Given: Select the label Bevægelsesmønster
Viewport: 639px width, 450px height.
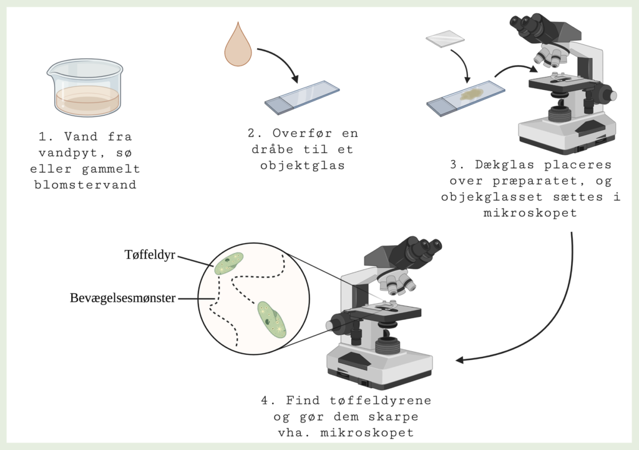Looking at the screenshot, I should click(x=123, y=298).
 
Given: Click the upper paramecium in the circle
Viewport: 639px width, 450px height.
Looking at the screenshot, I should click(x=229, y=263).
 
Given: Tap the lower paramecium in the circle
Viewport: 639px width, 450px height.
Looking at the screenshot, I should click(x=272, y=319).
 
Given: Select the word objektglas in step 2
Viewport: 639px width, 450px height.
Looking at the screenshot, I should click(x=302, y=165).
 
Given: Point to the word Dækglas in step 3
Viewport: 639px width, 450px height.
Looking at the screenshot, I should click(x=499, y=165).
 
